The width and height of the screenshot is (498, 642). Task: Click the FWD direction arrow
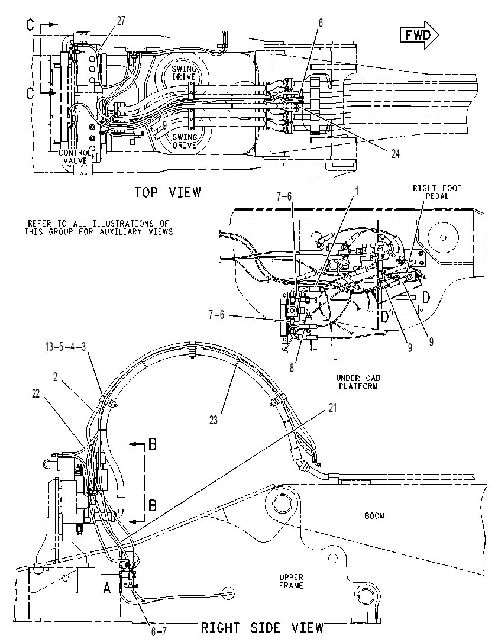tap(419, 36)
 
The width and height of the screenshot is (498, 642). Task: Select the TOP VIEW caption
tap(168, 192)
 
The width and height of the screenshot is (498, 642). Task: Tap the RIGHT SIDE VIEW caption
tap(262, 627)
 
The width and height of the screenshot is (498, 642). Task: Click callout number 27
tap(121, 21)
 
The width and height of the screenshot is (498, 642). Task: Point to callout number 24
tap(395, 153)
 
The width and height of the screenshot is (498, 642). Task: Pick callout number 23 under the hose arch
tap(214, 420)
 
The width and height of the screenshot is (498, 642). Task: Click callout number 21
tap(332, 408)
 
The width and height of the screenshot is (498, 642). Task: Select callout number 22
tap(36, 394)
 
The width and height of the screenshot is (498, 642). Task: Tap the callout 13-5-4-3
tap(66, 347)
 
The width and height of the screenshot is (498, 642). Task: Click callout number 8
tap(292, 367)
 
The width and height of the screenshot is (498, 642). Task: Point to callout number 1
tap(357, 191)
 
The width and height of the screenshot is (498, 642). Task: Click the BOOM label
tap(374, 516)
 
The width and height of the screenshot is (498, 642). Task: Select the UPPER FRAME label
tap(291, 582)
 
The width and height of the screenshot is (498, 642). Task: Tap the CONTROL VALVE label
tap(75, 157)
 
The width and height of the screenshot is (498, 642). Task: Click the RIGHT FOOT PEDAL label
tap(437, 192)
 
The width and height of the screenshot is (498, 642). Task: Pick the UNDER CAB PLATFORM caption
tap(358, 382)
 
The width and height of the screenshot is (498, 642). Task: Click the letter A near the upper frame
tap(107, 589)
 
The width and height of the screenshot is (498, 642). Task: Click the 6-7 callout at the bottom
tap(159, 632)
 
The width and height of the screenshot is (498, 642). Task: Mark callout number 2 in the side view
tap(55, 377)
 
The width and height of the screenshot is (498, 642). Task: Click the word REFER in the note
tap(40, 224)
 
